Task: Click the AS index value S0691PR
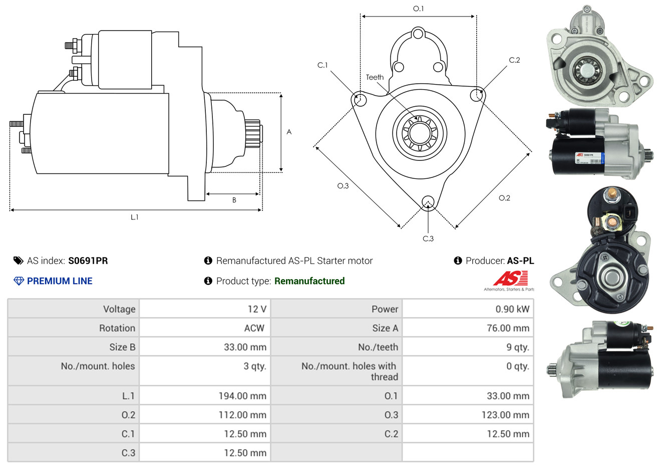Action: click(x=88, y=261)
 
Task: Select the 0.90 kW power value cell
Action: click(x=512, y=309)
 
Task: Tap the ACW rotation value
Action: click(x=254, y=328)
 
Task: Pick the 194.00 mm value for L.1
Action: click(x=242, y=396)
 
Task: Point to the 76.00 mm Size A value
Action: click(x=508, y=328)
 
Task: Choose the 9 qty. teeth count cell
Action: click(x=517, y=347)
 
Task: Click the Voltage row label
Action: click(x=119, y=309)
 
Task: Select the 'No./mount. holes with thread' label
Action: click(x=350, y=371)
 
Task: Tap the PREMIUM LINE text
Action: click(x=60, y=281)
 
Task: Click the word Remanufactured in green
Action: click(x=309, y=281)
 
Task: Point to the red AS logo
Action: click(x=510, y=278)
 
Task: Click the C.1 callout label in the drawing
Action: click(x=322, y=65)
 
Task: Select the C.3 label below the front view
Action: click(x=428, y=239)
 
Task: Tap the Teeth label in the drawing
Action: click(x=375, y=77)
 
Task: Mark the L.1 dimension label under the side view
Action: click(x=134, y=217)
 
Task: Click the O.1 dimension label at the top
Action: click(x=418, y=9)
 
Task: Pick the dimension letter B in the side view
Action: click(x=234, y=200)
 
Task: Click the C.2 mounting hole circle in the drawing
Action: click(x=477, y=95)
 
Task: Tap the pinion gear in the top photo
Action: click(x=584, y=70)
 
